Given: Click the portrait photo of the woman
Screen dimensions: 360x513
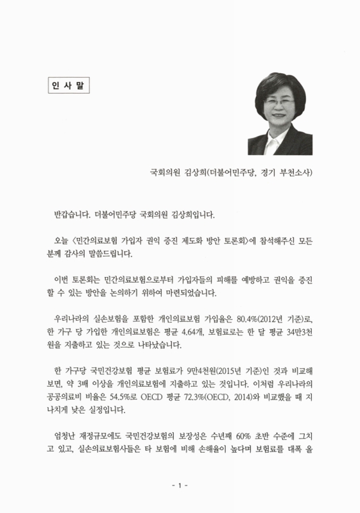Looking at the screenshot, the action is tap(280, 113).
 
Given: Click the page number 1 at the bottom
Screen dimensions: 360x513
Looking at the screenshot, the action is tap(180, 485).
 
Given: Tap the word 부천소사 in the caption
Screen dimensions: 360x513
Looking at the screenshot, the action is tap(296, 172).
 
